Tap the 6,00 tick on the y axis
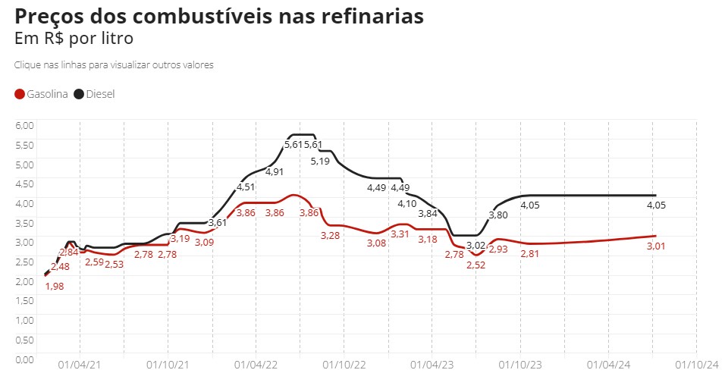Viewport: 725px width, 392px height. (25, 124)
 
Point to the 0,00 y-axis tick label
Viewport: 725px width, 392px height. (25, 359)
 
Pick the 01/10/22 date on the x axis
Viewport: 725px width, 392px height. (344, 365)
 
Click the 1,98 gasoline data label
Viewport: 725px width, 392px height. (54, 286)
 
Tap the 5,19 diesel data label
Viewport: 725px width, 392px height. (321, 162)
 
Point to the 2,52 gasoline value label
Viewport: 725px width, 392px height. (475, 265)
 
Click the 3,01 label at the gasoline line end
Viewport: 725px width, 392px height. (656, 246)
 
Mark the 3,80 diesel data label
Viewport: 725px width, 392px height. (498, 215)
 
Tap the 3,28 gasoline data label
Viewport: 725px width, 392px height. (330, 236)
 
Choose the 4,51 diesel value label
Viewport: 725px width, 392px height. (246, 187)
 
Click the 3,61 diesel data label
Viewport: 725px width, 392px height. (218, 222)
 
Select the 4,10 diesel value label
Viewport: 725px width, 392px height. (407, 203)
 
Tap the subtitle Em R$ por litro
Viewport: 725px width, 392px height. (74, 38)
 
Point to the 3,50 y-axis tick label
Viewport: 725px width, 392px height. (25, 222)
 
